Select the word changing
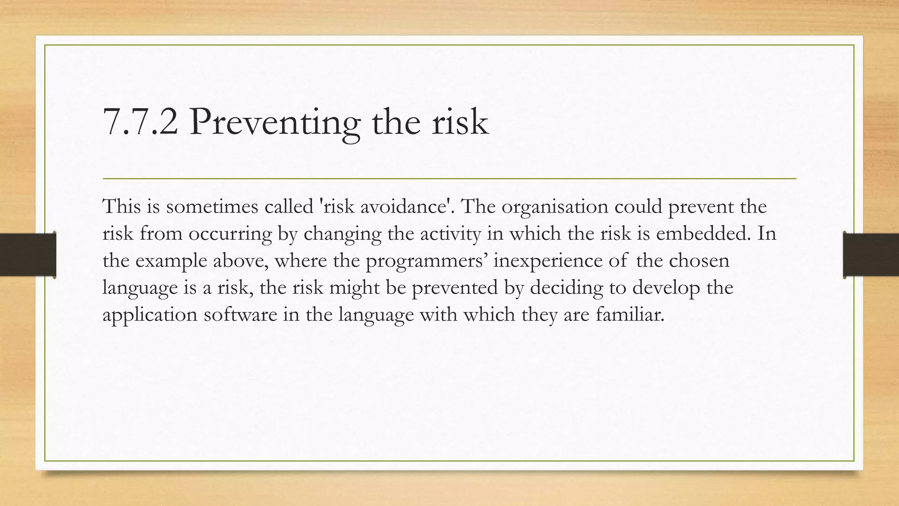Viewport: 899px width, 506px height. pyautogui.click(x=342, y=234)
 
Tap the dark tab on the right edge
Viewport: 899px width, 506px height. pyautogui.click(x=871, y=255)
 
